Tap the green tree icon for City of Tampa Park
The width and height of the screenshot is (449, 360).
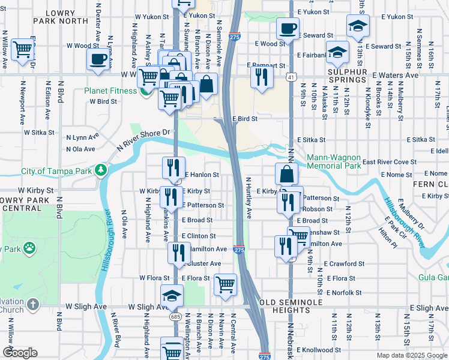[x=101, y=171]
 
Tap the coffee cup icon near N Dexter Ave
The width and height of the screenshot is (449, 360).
[x=97, y=59]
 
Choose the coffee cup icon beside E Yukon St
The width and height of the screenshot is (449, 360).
[x=288, y=28]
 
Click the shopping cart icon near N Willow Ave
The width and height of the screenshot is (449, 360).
[x=23, y=50]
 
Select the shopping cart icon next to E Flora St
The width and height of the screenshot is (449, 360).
[x=225, y=284]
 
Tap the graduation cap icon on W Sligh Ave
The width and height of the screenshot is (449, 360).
[x=172, y=295]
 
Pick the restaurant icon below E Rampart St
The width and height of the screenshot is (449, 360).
[x=261, y=76]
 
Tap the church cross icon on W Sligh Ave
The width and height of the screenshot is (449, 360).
[x=33, y=305]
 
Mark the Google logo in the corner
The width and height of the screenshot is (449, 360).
[x=20, y=353]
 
